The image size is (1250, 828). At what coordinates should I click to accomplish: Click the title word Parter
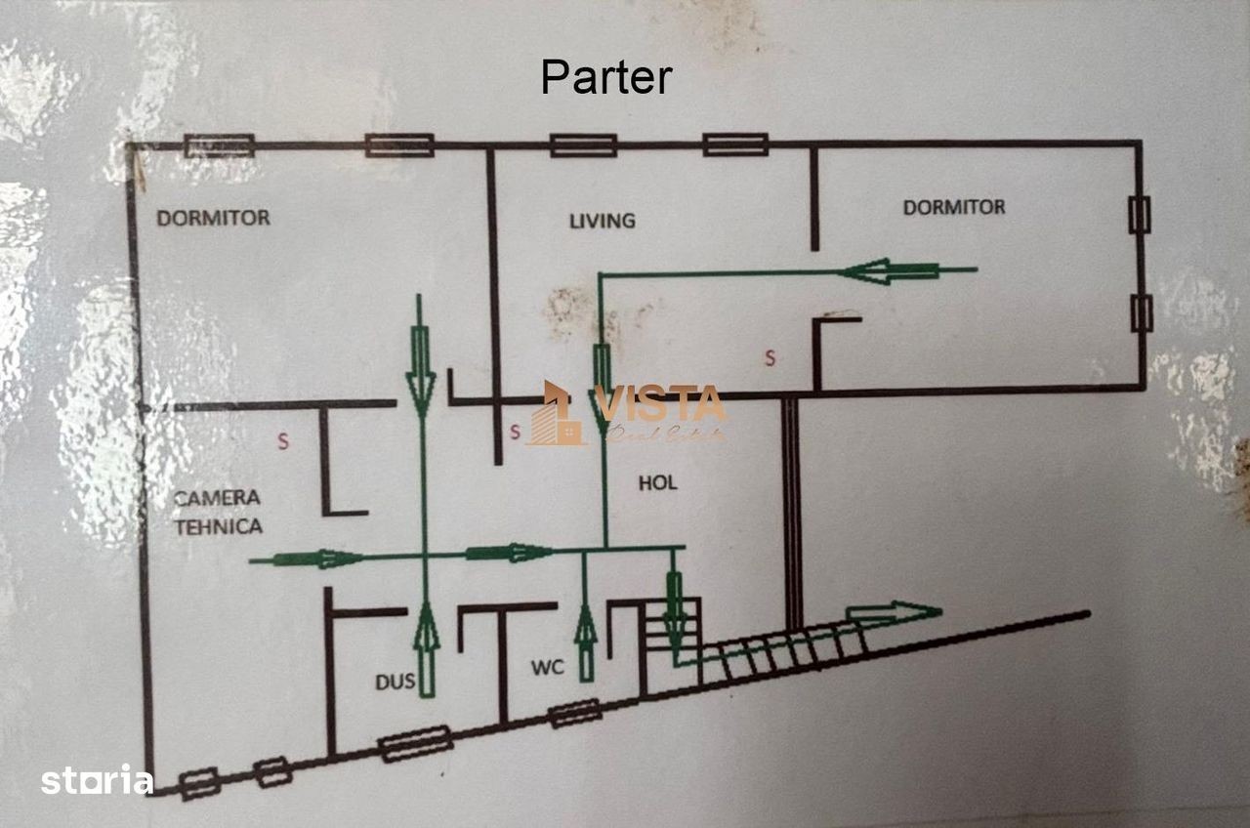[606, 77]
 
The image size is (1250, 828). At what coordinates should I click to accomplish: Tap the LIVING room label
[602, 221]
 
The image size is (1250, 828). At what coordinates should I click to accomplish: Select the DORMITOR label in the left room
[213, 218]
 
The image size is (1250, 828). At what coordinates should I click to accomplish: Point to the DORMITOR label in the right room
[953, 207]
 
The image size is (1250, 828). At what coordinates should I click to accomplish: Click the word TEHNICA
[218, 526]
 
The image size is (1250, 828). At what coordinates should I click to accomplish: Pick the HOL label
[657, 483]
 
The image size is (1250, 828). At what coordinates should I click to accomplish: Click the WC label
[547, 669]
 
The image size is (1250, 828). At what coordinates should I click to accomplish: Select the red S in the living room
[770, 358]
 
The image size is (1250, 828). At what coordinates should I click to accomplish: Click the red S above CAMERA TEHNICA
[283, 441]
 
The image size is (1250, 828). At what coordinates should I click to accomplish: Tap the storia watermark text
[97, 781]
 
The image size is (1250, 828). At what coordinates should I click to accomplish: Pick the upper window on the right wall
[1139, 215]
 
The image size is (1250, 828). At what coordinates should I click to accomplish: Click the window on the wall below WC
[573, 714]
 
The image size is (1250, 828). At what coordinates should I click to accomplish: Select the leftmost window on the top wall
[219, 145]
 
